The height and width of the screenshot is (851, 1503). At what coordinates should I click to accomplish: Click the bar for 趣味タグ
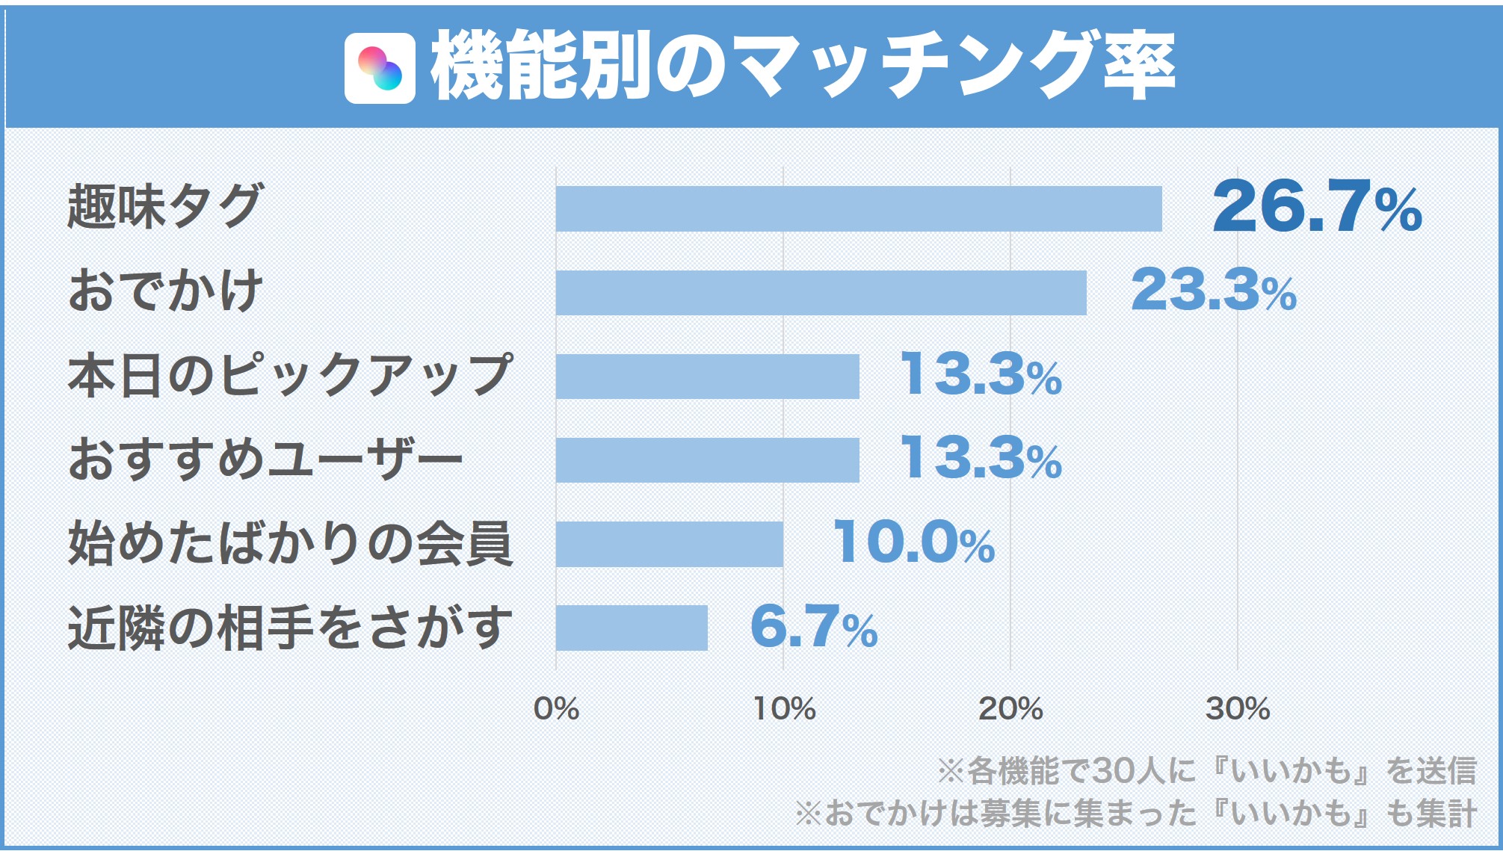[858, 208]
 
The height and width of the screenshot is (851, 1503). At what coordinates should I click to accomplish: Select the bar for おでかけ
[821, 292]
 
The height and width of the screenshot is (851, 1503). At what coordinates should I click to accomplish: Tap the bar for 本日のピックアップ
[707, 376]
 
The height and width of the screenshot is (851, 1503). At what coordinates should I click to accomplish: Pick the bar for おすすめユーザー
[707, 459]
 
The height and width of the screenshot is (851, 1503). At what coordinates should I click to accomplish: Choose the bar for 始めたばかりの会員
[669, 543]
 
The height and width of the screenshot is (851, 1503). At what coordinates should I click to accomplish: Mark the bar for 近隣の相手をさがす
[632, 627]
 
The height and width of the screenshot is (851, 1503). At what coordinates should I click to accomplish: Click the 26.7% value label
[1317, 206]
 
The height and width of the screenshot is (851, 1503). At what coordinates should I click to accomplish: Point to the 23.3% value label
[1214, 290]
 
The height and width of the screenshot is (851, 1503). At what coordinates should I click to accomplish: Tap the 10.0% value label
[913, 542]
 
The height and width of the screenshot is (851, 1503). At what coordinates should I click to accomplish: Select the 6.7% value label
[813, 626]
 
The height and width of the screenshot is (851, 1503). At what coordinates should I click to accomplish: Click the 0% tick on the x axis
[556, 708]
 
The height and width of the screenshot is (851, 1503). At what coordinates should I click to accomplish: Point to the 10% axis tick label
[784, 708]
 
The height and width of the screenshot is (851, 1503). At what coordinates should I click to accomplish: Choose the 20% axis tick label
[1010, 708]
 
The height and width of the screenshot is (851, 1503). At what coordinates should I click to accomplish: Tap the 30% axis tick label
[1238, 708]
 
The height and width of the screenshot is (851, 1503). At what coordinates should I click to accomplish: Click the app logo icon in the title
[380, 68]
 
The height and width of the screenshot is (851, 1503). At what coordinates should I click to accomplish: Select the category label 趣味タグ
[165, 206]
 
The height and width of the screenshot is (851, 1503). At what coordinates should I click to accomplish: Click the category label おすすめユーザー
[265, 459]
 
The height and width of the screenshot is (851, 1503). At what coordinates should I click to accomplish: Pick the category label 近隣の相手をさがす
[290, 627]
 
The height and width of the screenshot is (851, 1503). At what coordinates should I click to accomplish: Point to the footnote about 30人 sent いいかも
[1206, 770]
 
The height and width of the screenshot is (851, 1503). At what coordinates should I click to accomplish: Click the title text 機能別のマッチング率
[803, 66]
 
